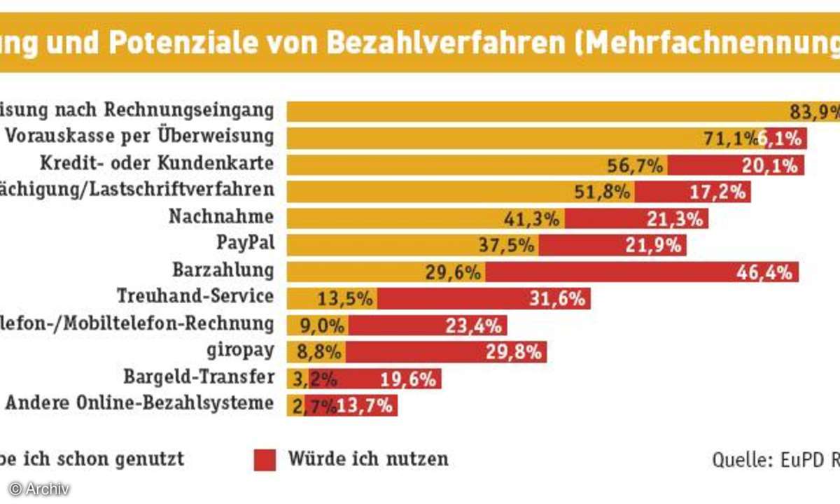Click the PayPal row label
(245, 244)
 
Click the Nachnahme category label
(221, 217)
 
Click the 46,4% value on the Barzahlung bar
(764, 272)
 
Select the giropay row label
(239, 350)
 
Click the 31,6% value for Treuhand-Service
(557, 299)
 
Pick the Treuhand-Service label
(195, 296)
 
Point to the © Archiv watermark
(39, 489)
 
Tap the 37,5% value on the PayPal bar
(509, 245)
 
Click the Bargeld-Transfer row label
(199, 377)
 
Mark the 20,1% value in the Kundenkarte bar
(770, 165)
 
